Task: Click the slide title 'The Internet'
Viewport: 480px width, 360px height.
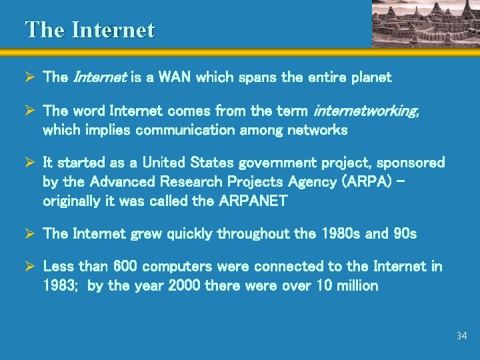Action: [x=89, y=30]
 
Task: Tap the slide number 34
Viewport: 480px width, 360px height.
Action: [x=462, y=335]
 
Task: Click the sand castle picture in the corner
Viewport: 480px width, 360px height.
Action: [x=425, y=23]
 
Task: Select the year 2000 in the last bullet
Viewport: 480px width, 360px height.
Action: [x=184, y=286]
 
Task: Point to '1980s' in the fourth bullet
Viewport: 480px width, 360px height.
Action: [x=341, y=233]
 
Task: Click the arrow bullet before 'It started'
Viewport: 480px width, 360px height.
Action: [x=30, y=163]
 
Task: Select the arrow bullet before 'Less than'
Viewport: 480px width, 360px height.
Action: [x=30, y=266]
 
